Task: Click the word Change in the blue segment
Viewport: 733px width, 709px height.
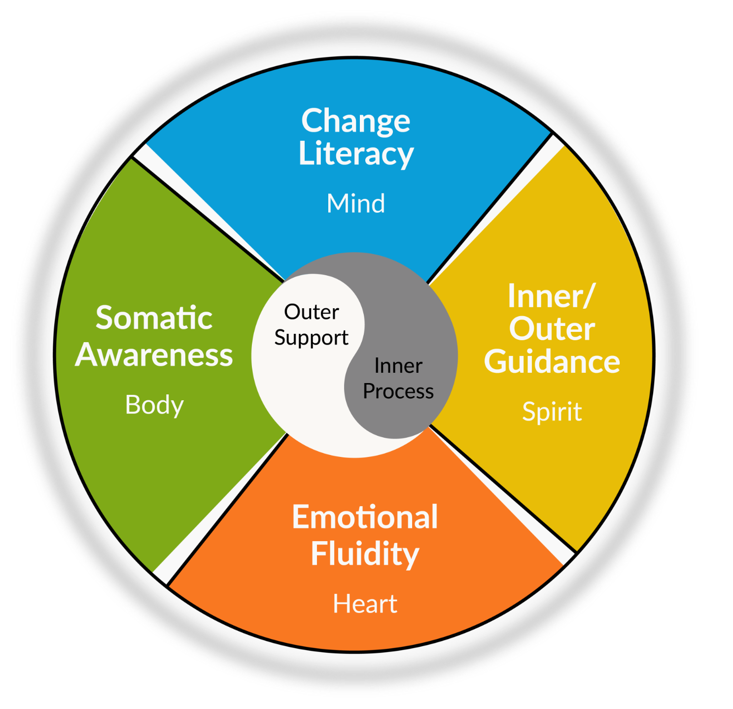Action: click(355, 121)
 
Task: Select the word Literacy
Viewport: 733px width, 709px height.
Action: click(356, 154)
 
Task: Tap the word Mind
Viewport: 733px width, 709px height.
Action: click(356, 203)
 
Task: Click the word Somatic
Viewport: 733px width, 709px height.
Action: click(154, 318)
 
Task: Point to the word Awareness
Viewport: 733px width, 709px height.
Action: click(154, 355)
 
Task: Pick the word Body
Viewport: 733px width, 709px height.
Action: click(154, 405)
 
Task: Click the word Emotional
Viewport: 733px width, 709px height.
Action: click(365, 517)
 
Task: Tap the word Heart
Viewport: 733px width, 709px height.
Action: click(365, 604)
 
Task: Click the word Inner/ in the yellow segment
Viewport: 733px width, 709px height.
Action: click(551, 296)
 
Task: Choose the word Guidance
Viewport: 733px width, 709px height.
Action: click(552, 362)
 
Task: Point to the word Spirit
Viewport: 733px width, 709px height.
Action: click(552, 412)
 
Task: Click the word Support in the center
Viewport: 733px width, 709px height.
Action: click(311, 338)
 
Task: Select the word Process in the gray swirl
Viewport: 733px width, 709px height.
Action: click(398, 391)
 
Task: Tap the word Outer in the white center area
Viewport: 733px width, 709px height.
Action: click(312, 312)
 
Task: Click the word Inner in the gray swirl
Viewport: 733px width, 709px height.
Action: click(398, 366)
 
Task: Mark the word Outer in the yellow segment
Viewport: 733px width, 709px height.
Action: click(552, 329)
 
